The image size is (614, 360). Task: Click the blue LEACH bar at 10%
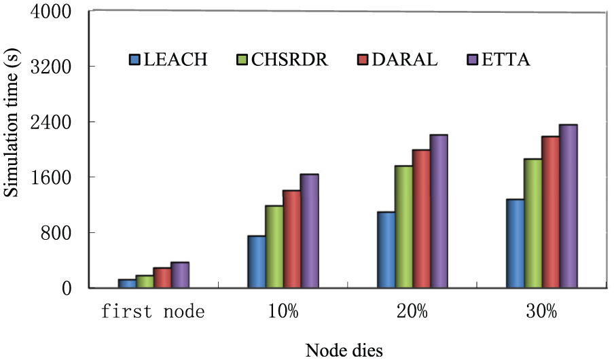pyautogui.click(x=257, y=262)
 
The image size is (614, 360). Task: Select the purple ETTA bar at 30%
pyautogui.click(x=568, y=206)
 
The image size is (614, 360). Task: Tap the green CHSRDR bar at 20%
pyautogui.click(x=403, y=227)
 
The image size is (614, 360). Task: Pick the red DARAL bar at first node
pyautogui.click(x=162, y=278)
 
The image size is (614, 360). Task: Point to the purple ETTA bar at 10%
pyautogui.click(x=309, y=231)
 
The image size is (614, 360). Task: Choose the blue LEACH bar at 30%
pyautogui.click(x=516, y=244)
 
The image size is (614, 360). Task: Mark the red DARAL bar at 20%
pyautogui.click(x=421, y=219)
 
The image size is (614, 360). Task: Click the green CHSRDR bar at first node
pyautogui.click(x=145, y=282)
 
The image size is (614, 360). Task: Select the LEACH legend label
pyautogui.click(x=175, y=60)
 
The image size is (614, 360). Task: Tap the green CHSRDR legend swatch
pyautogui.click(x=242, y=60)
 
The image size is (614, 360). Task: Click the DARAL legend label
pyautogui.click(x=405, y=60)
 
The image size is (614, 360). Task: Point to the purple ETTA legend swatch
pyautogui.click(x=473, y=60)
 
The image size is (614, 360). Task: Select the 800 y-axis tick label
pyautogui.click(x=56, y=234)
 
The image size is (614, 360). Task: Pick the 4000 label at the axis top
pyautogui.click(x=51, y=12)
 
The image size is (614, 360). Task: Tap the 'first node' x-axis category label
pyautogui.click(x=153, y=311)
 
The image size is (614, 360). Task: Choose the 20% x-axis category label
pyautogui.click(x=412, y=311)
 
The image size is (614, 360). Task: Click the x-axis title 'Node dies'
pyautogui.click(x=344, y=350)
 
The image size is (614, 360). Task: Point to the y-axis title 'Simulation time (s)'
pyautogui.click(x=11, y=123)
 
